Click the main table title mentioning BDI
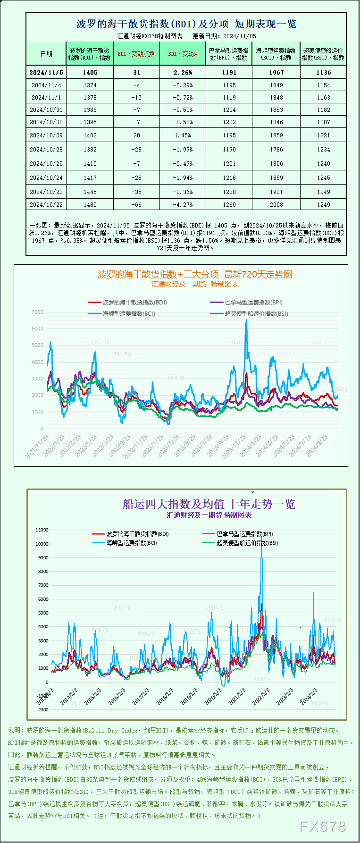(186, 24)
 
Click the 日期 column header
(46, 54)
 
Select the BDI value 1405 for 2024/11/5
(90, 73)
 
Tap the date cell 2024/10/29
(46, 135)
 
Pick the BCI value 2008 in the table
(276, 205)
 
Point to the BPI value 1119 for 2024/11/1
(229, 98)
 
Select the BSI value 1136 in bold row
(324, 73)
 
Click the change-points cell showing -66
(136, 205)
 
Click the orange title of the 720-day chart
(195, 274)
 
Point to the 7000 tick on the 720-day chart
(38, 312)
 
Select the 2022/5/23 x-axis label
(87, 446)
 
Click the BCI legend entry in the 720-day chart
(122, 313)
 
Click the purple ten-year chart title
(209, 504)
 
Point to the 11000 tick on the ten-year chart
(42, 530)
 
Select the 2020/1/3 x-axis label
(213, 697)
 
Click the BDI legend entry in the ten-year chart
(130, 534)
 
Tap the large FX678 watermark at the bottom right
(323, 826)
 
